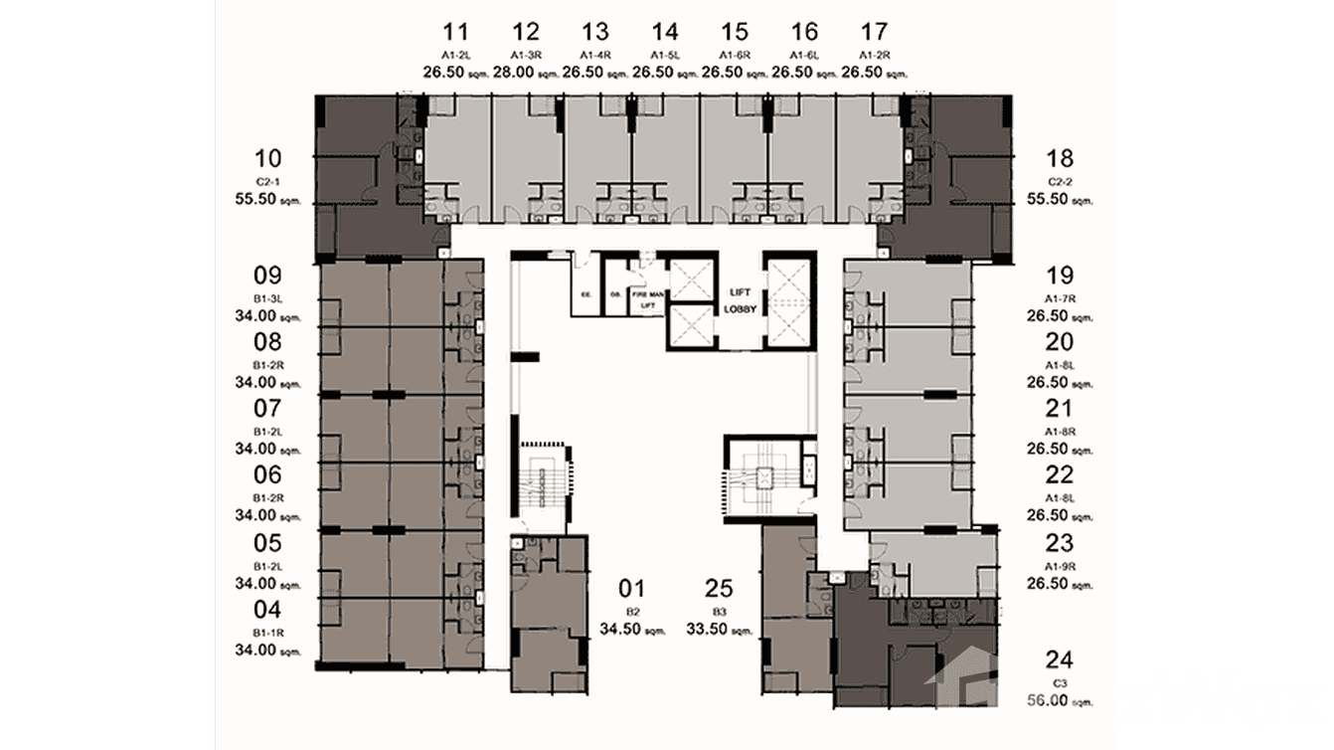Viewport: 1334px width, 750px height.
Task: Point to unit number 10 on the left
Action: pos(268,158)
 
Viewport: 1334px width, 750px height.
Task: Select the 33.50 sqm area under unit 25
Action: pos(718,629)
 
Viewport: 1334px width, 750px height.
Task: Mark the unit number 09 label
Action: pos(268,276)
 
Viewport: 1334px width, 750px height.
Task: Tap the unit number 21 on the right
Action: pos(1060,408)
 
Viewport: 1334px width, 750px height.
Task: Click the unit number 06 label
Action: pos(268,474)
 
